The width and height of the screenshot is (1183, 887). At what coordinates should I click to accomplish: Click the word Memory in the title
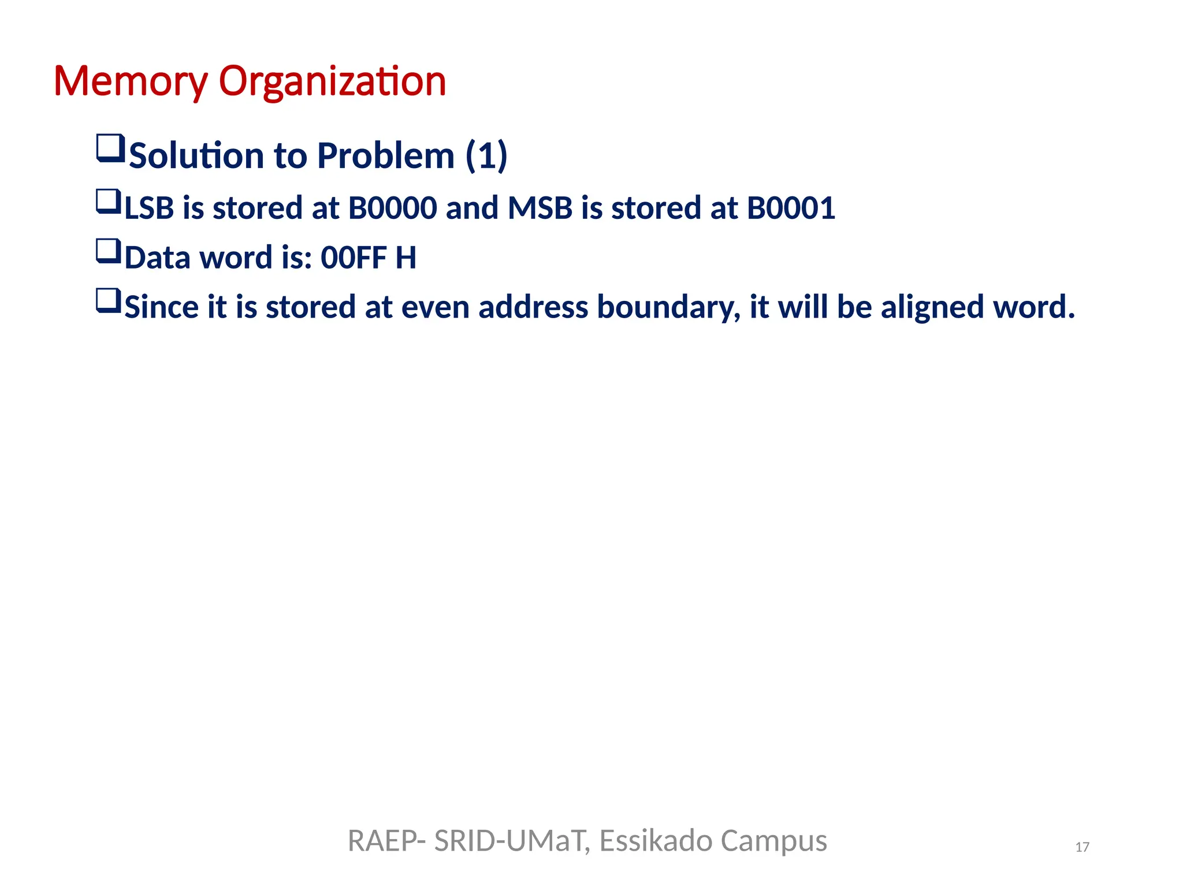click(130, 81)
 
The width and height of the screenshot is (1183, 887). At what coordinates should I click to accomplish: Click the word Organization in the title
click(332, 81)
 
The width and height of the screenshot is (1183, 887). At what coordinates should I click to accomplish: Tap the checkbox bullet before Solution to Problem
click(110, 148)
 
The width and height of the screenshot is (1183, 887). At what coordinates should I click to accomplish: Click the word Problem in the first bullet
click(386, 156)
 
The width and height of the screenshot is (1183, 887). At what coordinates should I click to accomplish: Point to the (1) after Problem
click(486, 156)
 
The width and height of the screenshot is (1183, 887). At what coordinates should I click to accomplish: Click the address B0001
click(791, 208)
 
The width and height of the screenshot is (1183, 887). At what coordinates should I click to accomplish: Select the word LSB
click(149, 208)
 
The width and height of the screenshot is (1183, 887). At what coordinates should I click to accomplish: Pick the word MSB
click(540, 208)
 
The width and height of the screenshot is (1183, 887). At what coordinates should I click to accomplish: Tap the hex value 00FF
click(354, 258)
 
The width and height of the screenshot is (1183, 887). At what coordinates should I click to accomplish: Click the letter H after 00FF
click(406, 258)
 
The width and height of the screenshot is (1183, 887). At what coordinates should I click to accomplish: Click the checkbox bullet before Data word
click(109, 252)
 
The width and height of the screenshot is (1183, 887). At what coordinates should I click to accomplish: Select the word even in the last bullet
click(435, 307)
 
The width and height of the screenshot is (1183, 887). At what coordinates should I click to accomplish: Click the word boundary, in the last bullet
click(668, 307)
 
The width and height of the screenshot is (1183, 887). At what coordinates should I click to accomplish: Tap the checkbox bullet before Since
click(109, 301)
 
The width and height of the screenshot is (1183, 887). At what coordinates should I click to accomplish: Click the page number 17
click(1082, 847)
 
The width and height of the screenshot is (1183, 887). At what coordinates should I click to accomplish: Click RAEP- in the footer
click(386, 841)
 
